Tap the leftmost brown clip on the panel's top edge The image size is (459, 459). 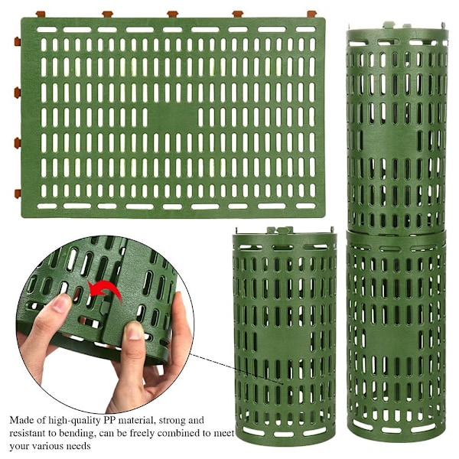coord(41,14)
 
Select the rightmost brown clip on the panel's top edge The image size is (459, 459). coord(312,14)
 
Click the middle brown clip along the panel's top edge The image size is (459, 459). coord(173,14)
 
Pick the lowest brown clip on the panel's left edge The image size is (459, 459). coord(18,194)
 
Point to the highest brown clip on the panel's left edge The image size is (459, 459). coord(18,41)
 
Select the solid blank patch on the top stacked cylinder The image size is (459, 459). coord(389,141)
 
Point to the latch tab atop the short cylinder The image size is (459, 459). coord(281,230)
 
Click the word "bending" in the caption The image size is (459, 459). coord(76,434)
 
